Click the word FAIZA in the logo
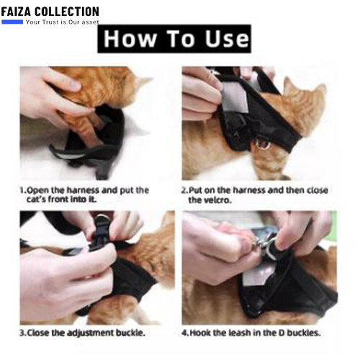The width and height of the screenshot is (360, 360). point(17,12)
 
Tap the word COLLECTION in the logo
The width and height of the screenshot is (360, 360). point(67,12)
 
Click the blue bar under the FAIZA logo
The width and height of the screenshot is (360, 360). point(12,22)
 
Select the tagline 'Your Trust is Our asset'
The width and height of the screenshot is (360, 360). point(63,22)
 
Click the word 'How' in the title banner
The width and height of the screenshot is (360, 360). point(130,39)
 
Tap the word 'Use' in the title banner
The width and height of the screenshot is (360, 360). point(228,39)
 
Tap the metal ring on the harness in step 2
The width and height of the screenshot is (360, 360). point(263,143)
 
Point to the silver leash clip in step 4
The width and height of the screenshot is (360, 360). point(263,243)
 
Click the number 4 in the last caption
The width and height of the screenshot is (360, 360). point(184,333)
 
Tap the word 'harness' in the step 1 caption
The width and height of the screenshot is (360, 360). point(83,190)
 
